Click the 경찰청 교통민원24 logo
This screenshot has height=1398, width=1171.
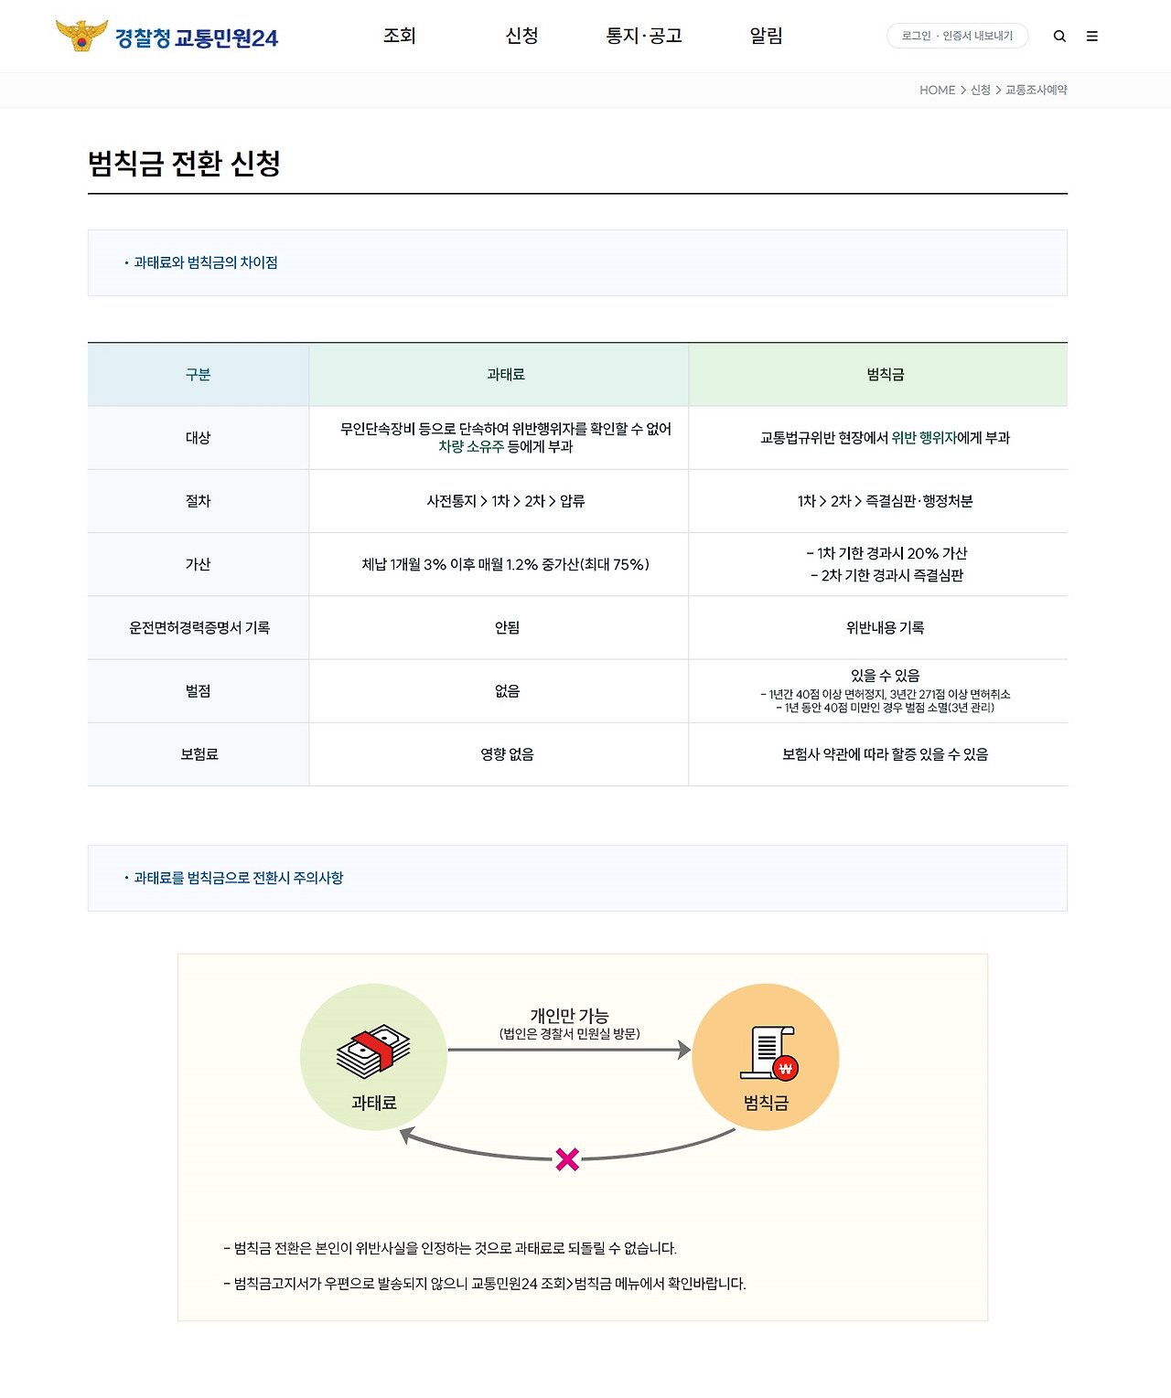point(167,37)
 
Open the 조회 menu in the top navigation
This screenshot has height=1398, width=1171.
point(400,36)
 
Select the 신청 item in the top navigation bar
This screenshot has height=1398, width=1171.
point(521,36)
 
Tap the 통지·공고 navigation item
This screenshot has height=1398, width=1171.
point(644,36)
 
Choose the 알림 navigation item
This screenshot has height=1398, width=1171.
point(766,36)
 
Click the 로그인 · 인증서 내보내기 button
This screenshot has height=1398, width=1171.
point(957,36)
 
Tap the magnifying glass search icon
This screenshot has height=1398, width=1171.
point(1059,37)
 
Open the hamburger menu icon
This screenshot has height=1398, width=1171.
point(1091,37)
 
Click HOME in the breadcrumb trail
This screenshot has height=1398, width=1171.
point(937,90)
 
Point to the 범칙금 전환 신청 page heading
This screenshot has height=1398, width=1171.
point(184,164)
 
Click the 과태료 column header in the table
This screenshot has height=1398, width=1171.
point(506,374)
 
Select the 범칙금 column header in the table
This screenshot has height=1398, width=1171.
point(885,374)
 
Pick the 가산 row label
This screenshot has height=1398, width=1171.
point(198,564)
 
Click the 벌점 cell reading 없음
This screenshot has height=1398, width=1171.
point(507,691)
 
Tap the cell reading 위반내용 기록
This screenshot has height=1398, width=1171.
point(885,627)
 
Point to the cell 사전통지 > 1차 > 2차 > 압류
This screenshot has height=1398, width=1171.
point(506,501)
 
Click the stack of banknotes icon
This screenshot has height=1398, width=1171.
point(372,1051)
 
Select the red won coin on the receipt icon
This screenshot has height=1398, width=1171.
point(785,1068)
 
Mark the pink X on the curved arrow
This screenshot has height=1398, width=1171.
point(567,1159)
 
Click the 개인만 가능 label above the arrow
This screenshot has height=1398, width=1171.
point(569,1016)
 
